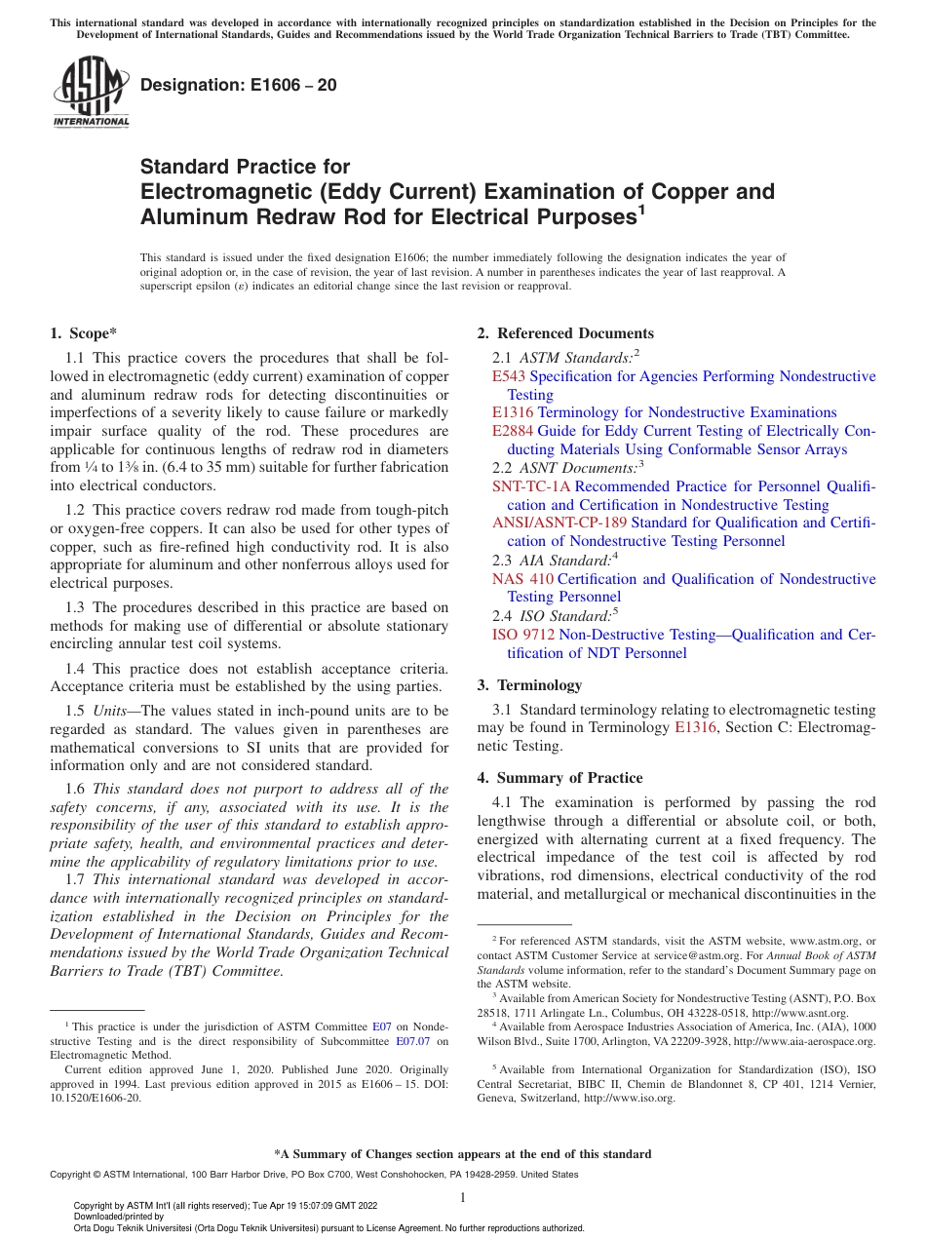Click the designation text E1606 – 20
click(239, 86)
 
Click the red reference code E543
click(509, 376)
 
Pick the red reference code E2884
click(513, 431)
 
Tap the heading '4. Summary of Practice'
click(559, 778)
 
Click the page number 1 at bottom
click(463, 1198)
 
